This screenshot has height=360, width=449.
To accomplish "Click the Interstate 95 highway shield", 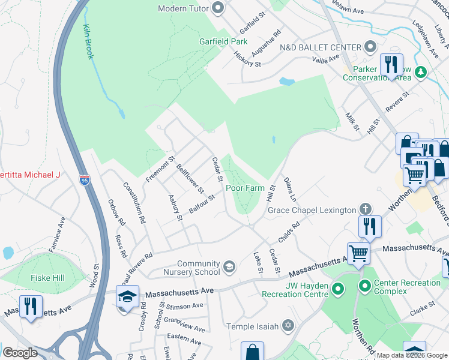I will pyautogui.click(x=85, y=179).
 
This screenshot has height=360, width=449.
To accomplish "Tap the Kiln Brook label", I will pyautogui.click(x=88, y=41).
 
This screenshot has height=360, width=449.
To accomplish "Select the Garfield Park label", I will pyautogui.click(x=223, y=42).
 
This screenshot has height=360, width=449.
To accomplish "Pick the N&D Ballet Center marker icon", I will pyautogui.click(x=370, y=47).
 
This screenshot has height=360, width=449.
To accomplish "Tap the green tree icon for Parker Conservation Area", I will pyautogui.click(x=421, y=72).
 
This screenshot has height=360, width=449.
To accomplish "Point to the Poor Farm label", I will pyautogui.click(x=245, y=188).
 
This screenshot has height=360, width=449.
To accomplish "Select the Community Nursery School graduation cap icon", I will pyautogui.click(x=229, y=266).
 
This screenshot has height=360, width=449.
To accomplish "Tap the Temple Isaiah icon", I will pyautogui.click(x=288, y=326).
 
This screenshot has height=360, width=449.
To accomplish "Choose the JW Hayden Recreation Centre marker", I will pyautogui.click(x=338, y=290).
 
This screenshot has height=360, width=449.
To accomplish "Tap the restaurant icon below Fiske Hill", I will pyautogui.click(x=29, y=306).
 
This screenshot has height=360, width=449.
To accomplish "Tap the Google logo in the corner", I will pyautogui.click(x=20, y=353).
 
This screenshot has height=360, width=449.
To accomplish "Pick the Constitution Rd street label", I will pyautogui.click(x=134, y=203).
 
